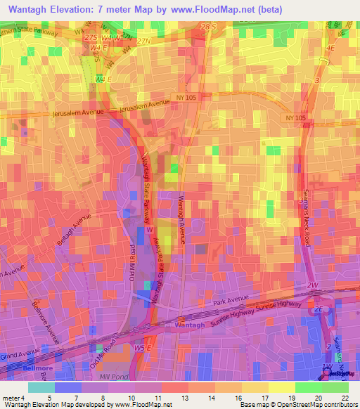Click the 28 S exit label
[x=209, y=27]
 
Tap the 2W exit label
[x=312, y=285]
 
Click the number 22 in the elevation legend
[x=345, y=396]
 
